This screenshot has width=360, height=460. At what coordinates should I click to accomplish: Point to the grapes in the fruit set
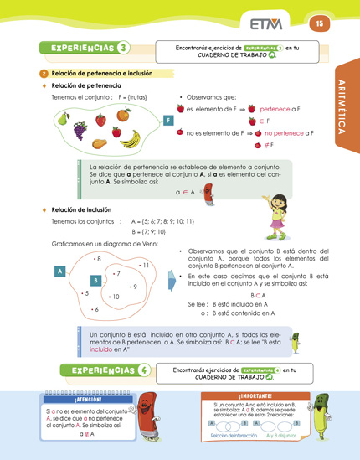pos(80,131)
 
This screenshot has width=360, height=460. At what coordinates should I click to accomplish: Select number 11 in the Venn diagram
pos(143,266)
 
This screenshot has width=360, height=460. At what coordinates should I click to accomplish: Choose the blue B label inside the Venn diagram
pos(96,280)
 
